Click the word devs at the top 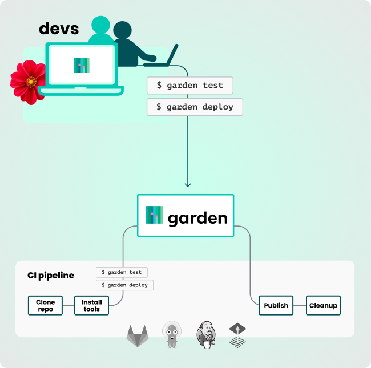click(59, 29)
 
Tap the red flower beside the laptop click(28, 82)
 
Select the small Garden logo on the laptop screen click(82, 66)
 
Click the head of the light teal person click(100, 25)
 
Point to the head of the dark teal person click(122, 30)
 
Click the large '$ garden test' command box click(190, 86)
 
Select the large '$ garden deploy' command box click(195, 107)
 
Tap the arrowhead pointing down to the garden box click(188, 185)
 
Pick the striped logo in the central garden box click(154, 215)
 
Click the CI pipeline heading click(51, 276)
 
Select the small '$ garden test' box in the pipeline click(122, 272)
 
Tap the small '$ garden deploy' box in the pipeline click(124, 285)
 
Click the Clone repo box click(45, 305)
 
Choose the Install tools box click(91, 305)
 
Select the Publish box click(276, 305)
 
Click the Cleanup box click(323, 305)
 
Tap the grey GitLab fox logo click(138, 336)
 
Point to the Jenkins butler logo click(206, 335)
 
